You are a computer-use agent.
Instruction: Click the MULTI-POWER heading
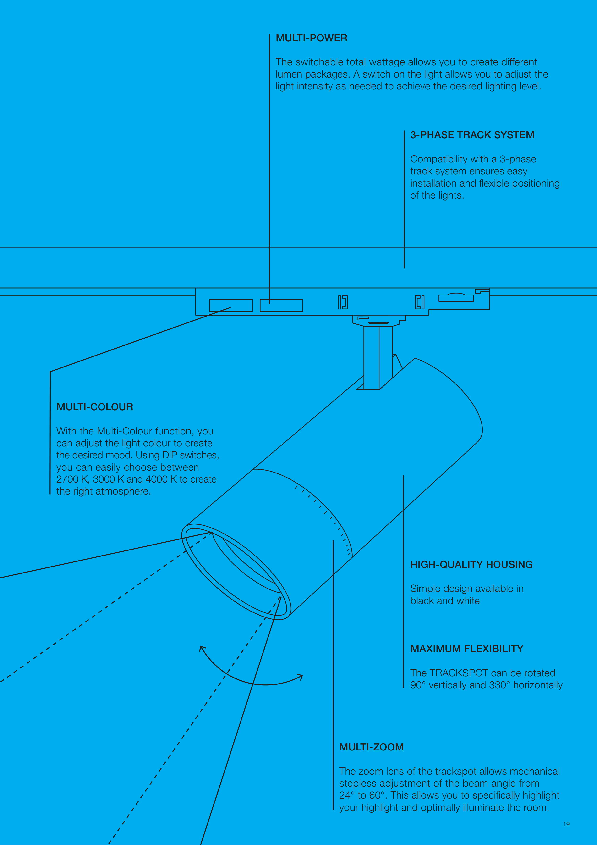click(311, 38)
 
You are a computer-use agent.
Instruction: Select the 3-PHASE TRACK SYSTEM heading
click(472, 135)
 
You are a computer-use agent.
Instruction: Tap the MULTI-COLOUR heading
click(94, 407)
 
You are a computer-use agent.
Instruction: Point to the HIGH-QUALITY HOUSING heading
click(471, 565)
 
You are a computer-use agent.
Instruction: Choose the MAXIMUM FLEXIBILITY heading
click(466, 649)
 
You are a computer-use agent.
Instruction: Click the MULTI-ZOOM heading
click(371, 747)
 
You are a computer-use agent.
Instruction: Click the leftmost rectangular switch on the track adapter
click(231, 306)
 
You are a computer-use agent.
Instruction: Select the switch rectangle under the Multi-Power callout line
click(281, 306)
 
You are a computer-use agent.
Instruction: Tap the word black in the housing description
click(422, 601)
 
